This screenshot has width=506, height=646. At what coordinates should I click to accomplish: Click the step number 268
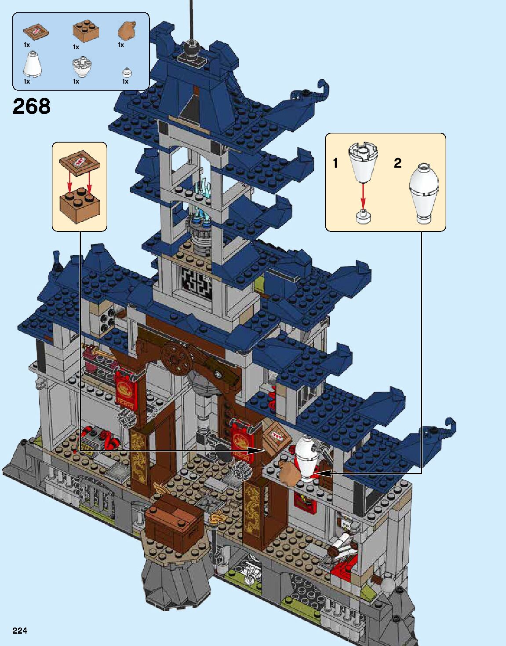tap(32, 106)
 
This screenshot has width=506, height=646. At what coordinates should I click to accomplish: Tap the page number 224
tap(20, 631)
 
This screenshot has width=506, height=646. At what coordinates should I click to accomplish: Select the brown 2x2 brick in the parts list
tap(85, 31)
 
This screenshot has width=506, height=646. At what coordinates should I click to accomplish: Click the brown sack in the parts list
tap(127, 30)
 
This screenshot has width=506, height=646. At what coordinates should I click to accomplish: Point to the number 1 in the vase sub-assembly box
tap(335, 163)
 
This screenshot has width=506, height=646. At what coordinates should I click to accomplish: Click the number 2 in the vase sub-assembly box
tap(397, 163)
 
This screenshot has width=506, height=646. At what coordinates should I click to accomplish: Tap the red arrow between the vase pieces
tap(363, 195)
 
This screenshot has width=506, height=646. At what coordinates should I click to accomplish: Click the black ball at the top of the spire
tap(191, 46)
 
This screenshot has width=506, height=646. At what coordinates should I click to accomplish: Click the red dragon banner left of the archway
tap(124, 389)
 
